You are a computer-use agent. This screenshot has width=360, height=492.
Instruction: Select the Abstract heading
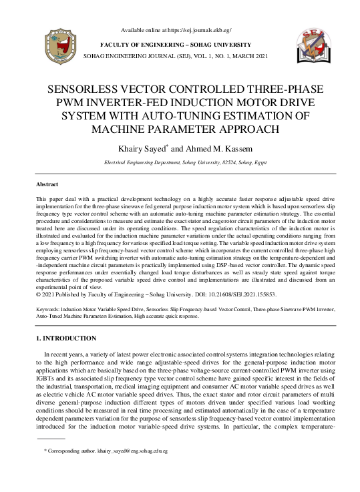click(47, 184)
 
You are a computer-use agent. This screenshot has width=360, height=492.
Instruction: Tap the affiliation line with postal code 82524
click(180, 162)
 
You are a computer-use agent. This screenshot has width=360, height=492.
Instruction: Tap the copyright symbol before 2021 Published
click(37, 294)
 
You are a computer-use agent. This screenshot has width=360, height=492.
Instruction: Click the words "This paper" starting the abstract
click(49, 199)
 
